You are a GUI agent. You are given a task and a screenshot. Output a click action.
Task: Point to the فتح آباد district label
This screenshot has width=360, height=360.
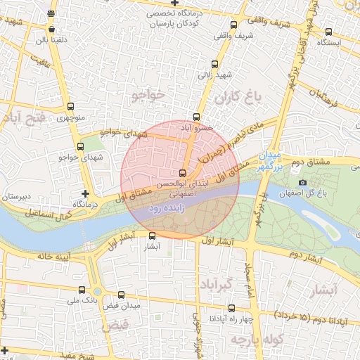tap(24, 117)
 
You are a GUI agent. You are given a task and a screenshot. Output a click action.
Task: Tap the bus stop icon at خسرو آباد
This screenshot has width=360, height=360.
tap(196, 117)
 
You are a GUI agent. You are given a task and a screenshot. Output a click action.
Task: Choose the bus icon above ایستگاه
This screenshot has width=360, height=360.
tap(329, 32)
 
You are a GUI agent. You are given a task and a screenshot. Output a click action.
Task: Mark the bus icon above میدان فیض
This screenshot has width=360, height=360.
tap(122, 296)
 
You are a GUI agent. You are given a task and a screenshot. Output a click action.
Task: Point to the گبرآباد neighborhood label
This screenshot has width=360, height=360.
tap(217, 285)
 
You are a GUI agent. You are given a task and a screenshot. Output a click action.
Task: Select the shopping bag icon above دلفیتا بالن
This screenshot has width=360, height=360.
tap(52, 30)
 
